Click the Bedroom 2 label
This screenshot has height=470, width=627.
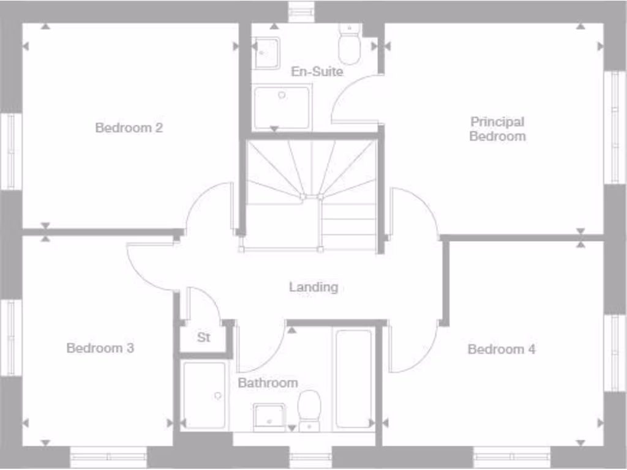click(x=129, y=128)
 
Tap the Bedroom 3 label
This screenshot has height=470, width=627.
click(x=100, y=348)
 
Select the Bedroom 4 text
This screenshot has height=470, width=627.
click(x=501, y=349)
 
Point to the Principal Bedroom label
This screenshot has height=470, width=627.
click(x=497, y=129)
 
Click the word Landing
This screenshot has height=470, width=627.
click(x=313, y=286)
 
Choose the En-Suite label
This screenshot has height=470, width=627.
click(x=317, y=72)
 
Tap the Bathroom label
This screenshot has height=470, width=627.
click(x=268, y=383)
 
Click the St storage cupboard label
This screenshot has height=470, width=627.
click(x=204, y=337)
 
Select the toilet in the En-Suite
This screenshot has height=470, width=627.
click(x=350, y=46)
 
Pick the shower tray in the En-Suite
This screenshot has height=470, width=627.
click(x=282, y=107)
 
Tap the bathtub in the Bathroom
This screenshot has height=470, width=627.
click(x=354, y=378)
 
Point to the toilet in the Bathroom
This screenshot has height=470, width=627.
click(x=310, y=409)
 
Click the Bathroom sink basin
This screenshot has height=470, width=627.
click(x=269, y=416)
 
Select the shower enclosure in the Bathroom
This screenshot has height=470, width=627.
click(x=204, y=395)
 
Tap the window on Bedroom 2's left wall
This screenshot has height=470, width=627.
click(x=10, y=151)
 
